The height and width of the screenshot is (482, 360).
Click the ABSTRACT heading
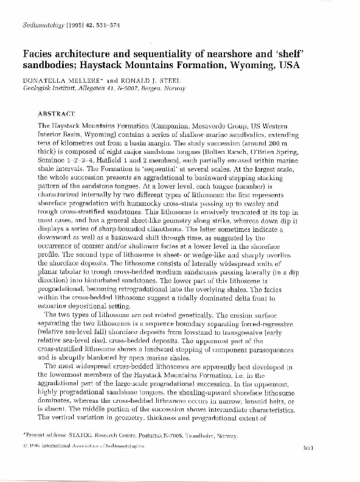pos(56,113)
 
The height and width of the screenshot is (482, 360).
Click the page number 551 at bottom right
pos(324,465)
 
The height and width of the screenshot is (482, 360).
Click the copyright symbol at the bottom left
pos(25,464)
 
